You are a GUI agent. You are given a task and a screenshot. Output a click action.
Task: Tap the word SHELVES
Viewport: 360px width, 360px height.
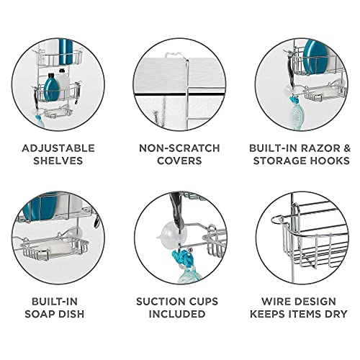pos(57,161)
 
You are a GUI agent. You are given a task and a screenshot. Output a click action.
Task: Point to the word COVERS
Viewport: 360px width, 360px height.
pos(179,161)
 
